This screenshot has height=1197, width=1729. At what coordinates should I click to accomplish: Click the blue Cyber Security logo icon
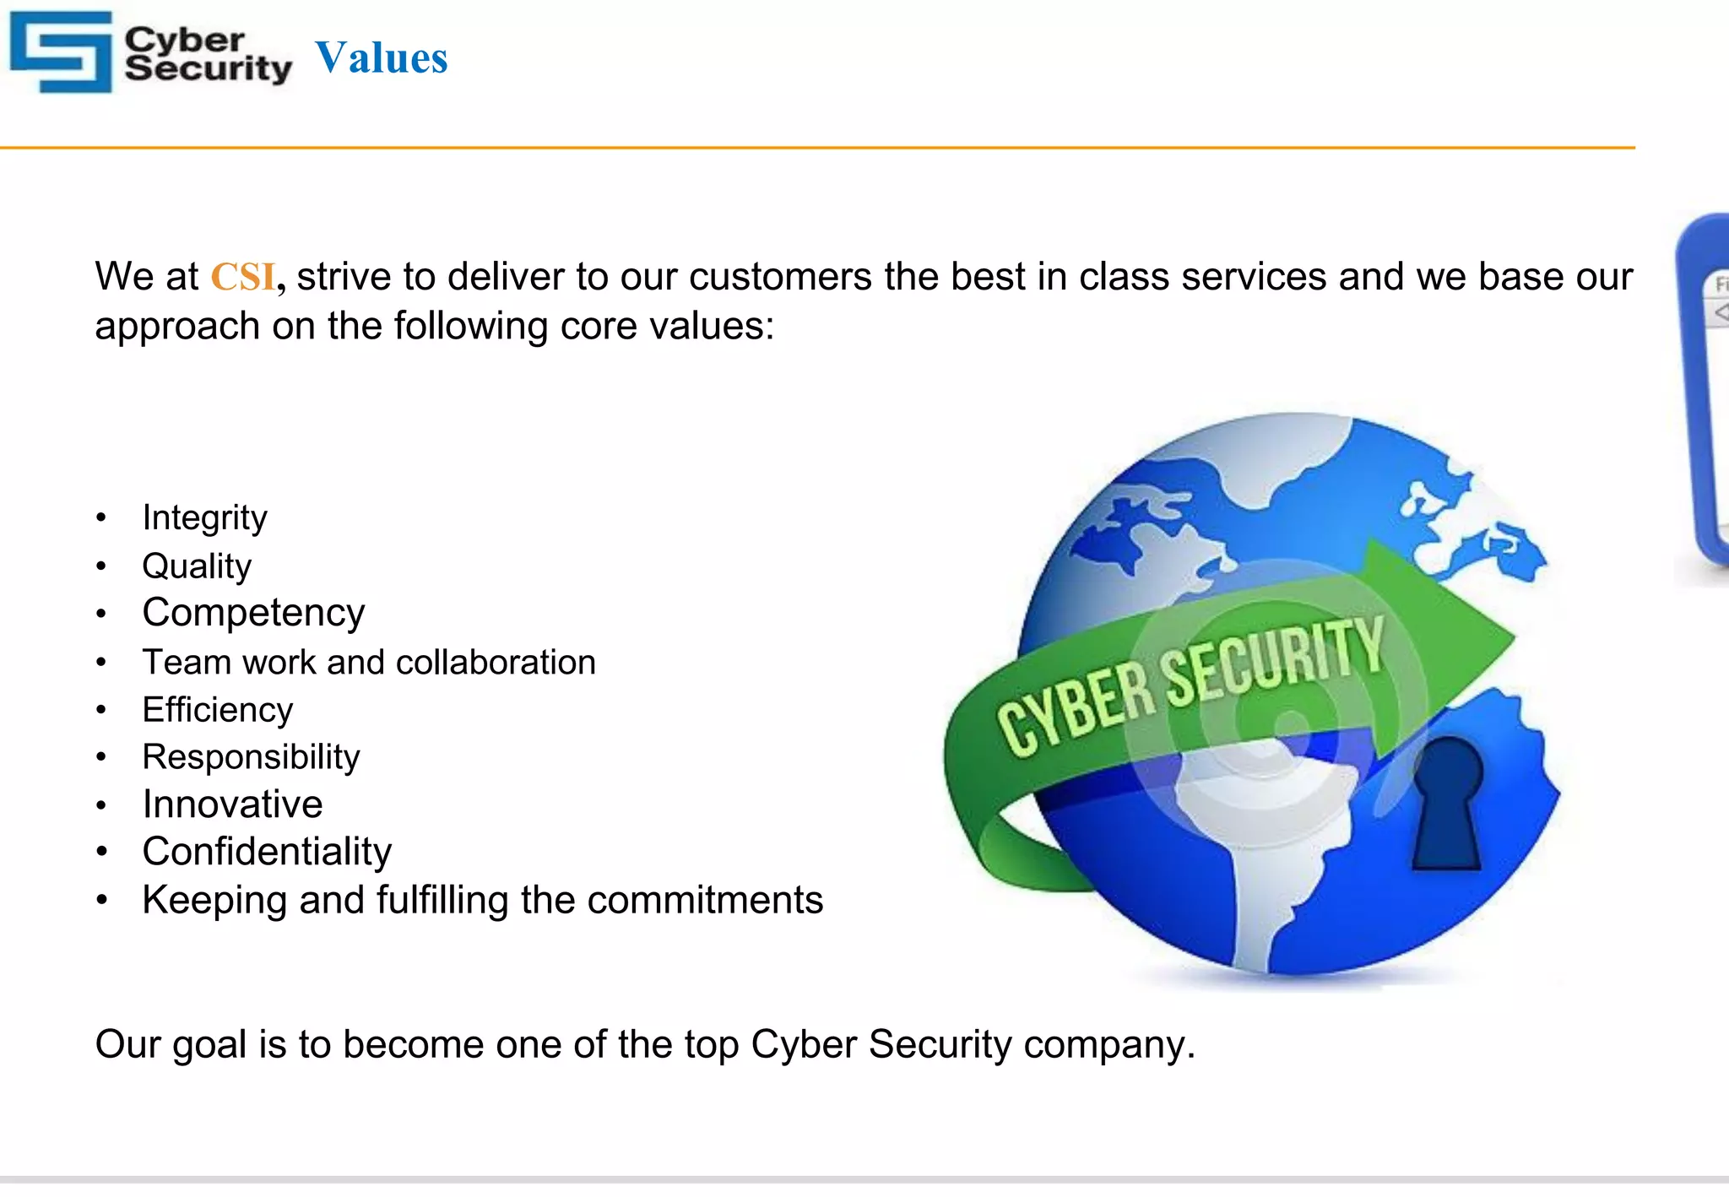[x=61, y=51]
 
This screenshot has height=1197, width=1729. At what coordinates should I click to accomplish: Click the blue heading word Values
[x=382, y=58]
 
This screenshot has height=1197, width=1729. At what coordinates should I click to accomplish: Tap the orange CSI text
[x=243, y=277]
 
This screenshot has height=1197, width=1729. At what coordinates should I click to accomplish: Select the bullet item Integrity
[x=204, y=517]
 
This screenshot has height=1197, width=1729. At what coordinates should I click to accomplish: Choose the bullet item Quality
[x=197, y=566]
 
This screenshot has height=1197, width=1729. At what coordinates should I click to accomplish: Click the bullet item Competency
[x=253, y=613]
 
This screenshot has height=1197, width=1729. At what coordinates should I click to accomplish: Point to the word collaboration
[x=496, y=662]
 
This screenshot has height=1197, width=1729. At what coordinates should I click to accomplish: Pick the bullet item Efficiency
[x=217, y=709]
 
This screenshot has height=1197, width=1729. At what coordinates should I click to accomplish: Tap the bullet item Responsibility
[x=251, y=756]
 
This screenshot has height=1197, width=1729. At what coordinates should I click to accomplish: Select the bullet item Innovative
[x=232, y=804]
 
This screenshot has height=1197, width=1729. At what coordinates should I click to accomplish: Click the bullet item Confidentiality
[x=267, y=851]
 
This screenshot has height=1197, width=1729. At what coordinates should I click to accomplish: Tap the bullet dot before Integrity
[x=101, y=517]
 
